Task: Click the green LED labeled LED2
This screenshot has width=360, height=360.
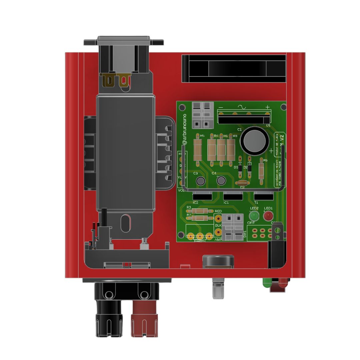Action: pos(254,215)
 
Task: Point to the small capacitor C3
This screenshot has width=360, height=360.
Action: pos(200,181)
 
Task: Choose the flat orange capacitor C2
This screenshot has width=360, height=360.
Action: pos(242,183)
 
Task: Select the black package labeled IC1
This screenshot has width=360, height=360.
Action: pos(233,196)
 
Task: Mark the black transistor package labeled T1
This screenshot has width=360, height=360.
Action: pos(263,196)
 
